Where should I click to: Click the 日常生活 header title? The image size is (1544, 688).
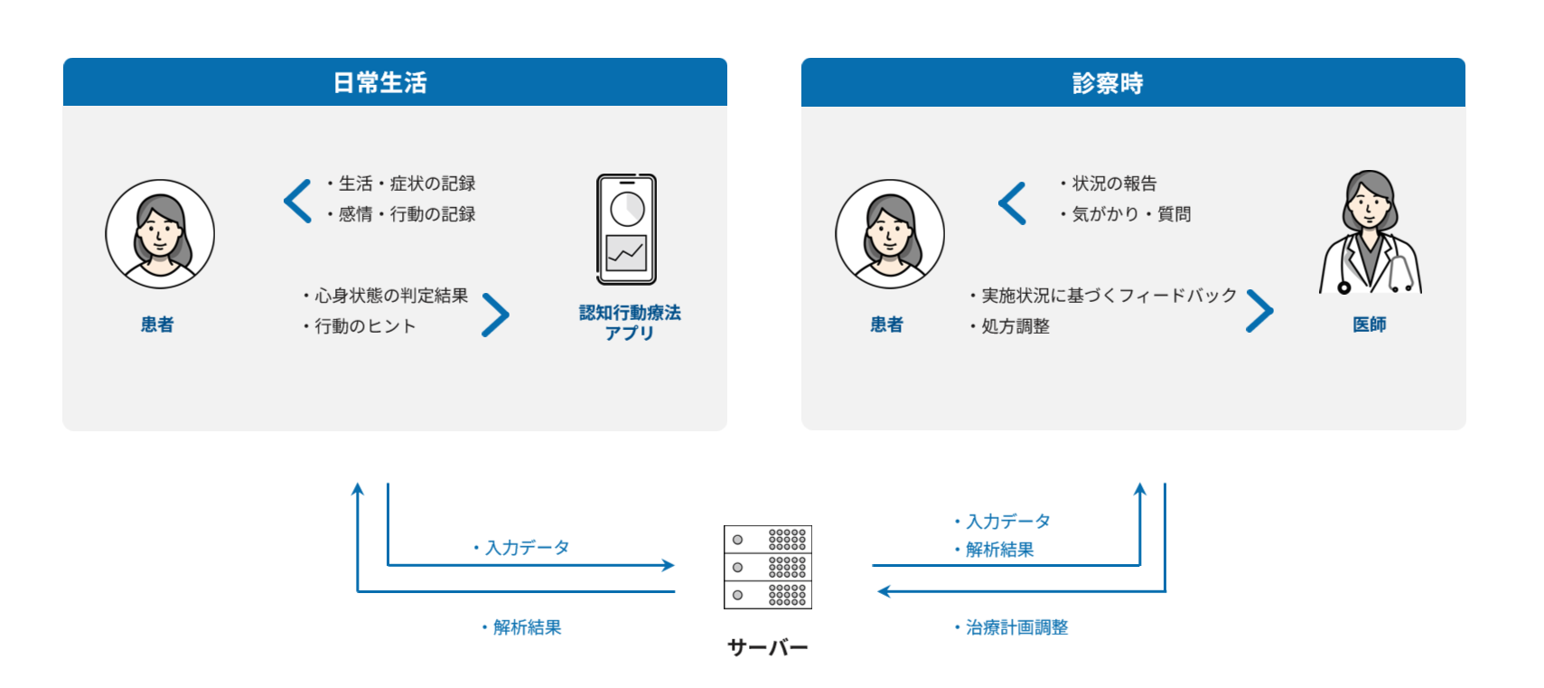pos(379,83)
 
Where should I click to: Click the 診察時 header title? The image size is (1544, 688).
pos(1108,83)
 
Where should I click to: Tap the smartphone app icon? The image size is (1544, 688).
pos(626,230)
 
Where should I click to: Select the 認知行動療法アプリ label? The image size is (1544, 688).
pos(630,323)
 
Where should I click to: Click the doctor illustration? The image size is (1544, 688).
pos(1370,233)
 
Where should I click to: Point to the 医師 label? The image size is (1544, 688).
pos(1369,325)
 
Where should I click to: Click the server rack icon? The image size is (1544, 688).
pos(767,567)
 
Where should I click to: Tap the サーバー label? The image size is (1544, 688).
pos(767,647)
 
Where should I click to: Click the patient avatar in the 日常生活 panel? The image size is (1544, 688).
pos(160,234)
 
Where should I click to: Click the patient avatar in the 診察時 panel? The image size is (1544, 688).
pos(890,234)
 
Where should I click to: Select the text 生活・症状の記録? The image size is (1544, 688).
pos(406,184)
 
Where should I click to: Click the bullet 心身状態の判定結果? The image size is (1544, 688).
pos(390,296)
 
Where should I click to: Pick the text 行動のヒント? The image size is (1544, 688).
pos(364,326)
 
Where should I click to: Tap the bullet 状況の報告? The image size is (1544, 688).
pos(1113,184)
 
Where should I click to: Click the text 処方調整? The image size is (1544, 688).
pos(1015,326)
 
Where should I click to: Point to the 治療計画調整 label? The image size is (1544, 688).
pos(1016,627)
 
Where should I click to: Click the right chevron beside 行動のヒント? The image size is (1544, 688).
pos(496,315)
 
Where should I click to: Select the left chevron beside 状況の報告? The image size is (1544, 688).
pos(1012,203)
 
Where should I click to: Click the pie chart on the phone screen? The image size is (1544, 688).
pos(627,209)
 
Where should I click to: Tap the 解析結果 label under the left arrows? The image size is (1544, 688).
pos(526,627)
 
